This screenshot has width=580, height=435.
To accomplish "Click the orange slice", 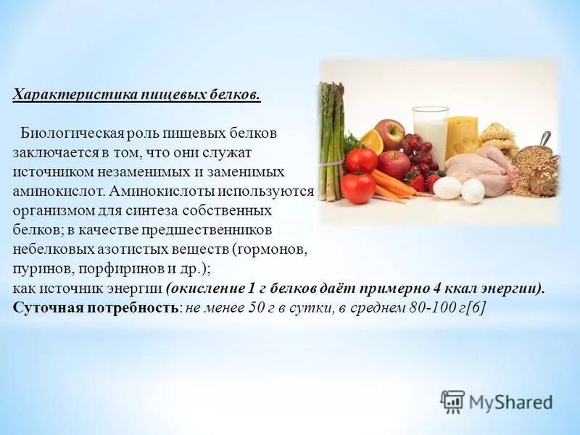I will point(372,141).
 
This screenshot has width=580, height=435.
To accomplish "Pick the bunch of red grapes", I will point(418,153).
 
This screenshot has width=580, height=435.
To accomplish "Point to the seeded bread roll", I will point(544,178).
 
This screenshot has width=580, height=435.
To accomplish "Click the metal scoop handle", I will point(544,138).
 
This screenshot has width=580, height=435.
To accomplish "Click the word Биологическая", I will point(72,134).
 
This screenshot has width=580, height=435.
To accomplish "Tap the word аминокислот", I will point(55,191).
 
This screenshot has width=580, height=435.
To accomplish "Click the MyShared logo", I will point(497,402).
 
